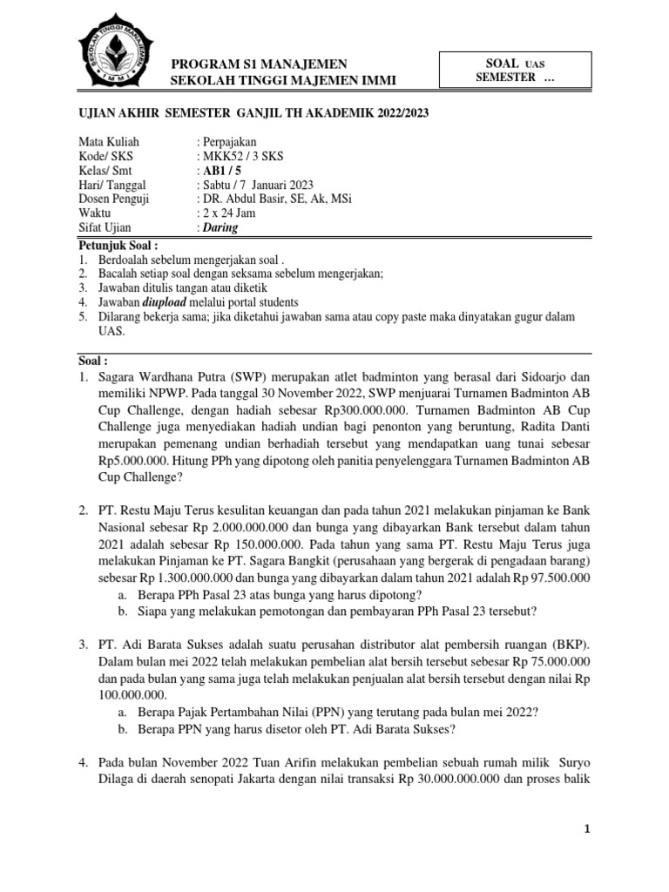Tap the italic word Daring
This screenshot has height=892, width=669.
220,228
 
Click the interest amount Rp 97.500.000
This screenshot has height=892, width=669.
544,577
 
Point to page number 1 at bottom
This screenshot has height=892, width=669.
588,855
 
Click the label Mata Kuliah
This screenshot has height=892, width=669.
109,141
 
